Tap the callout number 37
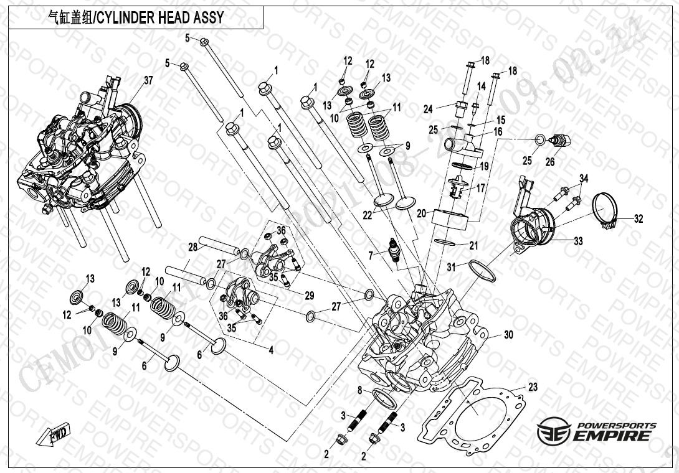pos(148,81)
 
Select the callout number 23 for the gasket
pos(533,387)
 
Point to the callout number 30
pos(508,335)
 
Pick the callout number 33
pos(578,241)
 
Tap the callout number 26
pos(549,163)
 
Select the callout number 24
pos(428,110)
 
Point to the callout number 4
pos(271,350)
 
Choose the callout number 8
pos(359,390)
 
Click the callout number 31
pos(451,267)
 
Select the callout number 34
pos(583,179)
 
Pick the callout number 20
pos(421,213)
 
